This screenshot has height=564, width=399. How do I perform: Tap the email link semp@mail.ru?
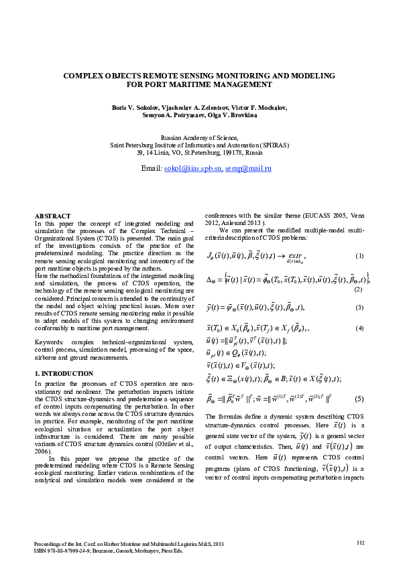pos(248,169)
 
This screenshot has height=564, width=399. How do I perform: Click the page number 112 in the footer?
pos(361,543)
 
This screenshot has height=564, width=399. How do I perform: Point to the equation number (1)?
pos(359,257)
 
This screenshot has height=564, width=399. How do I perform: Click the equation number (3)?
pos(359,307)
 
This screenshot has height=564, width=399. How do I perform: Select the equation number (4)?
pos(359,328)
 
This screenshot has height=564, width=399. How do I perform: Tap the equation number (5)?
pos(359,399)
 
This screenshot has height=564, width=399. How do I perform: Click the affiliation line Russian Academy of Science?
pos(199,137)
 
